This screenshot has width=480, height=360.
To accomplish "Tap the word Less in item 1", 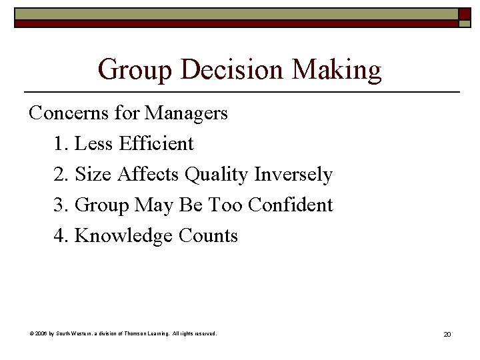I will click(96, 143).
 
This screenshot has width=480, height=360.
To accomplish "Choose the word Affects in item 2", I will click(149, 174).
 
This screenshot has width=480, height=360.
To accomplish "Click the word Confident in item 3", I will click(290, 205).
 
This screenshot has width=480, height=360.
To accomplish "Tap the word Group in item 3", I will click(103, 205).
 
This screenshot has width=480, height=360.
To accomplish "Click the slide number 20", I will click(447, 333).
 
